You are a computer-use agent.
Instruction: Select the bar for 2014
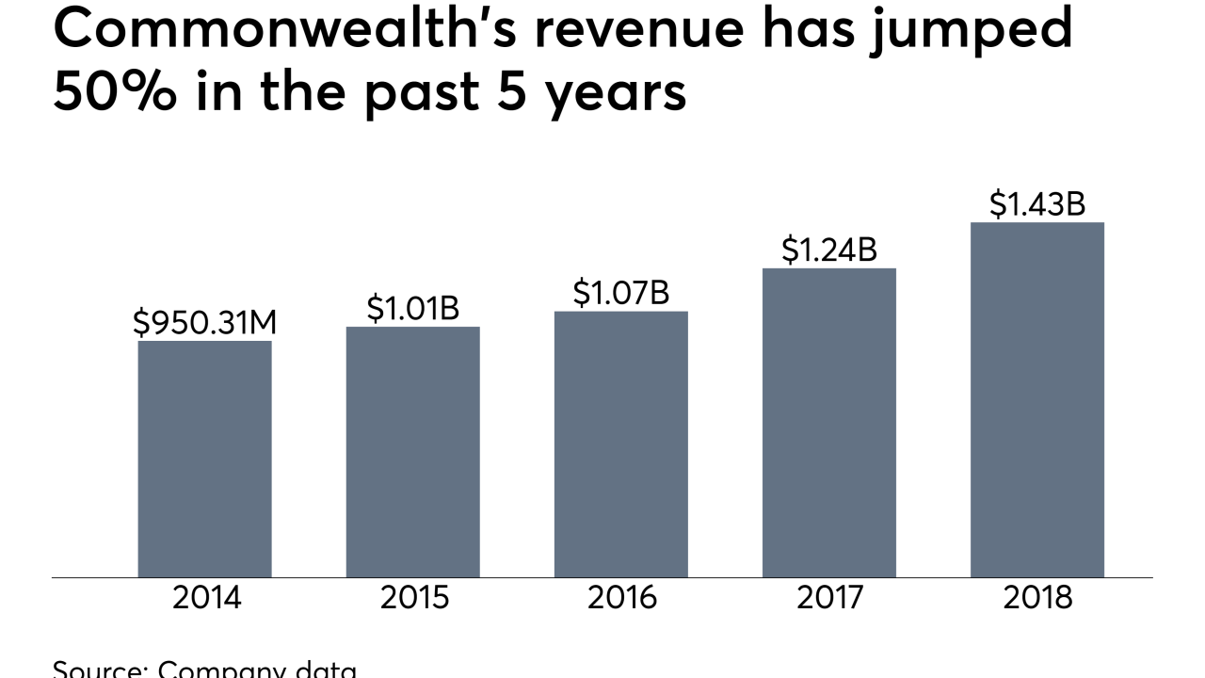point(204,459)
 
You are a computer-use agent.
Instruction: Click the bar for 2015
point(412,452)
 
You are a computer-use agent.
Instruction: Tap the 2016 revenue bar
point(620,444)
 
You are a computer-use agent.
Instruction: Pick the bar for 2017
point(828,423)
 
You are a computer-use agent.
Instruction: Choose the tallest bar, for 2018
point(1036,399)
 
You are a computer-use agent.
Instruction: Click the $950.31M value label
point(204,323)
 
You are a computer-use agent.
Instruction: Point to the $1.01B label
point(412,309)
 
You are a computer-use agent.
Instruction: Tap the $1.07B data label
point(620,293)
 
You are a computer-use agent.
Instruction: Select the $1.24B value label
point(828,250)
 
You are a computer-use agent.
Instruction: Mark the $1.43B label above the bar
point(1036,204)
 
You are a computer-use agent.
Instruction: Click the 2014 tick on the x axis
point(206,598)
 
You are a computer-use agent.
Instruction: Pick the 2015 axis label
point(414,598)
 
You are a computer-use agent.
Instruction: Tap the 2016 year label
point(622,598)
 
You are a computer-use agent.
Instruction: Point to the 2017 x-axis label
point(830,598)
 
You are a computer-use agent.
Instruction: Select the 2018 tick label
point(1037,598)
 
